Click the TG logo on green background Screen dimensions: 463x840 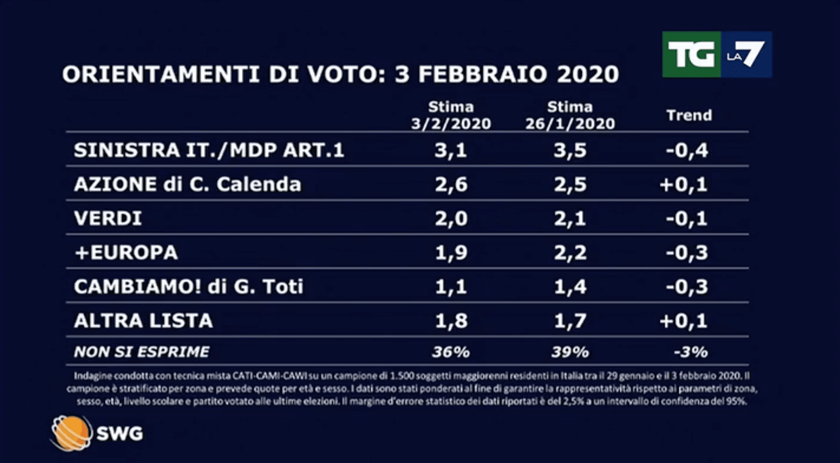pos(691,54)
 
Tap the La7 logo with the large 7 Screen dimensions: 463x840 pos(747,54)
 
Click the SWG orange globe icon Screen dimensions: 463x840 pos(70,433)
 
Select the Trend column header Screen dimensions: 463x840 pos(689,115)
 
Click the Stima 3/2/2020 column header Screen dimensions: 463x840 pos(451,115)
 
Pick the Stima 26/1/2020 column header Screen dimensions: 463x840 pos(570,115)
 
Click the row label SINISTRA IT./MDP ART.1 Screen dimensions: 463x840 pos(209,150)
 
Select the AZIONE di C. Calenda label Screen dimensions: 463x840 pos(187,184)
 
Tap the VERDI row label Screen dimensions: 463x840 pos(108,218)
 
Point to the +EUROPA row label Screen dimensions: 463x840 pos(126,253)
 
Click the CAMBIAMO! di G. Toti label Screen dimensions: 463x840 pos(188,287)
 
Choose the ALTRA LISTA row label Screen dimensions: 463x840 pos(143,321)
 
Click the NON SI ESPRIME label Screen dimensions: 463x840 pos(141,352)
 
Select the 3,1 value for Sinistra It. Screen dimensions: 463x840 pos(451,150)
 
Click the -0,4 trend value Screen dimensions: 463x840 pos(687,150)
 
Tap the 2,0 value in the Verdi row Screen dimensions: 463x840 pos(451,218)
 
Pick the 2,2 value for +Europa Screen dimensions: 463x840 pos(570,253)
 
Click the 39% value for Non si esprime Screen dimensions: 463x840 pos(570,352)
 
